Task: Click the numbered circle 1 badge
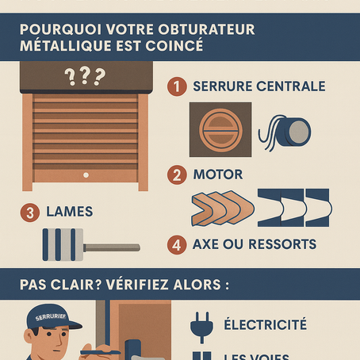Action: pos(178,85)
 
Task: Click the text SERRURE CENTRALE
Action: pos(259,85)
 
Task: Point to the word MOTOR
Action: pos(217,173)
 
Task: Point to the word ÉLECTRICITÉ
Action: pos(265,325)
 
